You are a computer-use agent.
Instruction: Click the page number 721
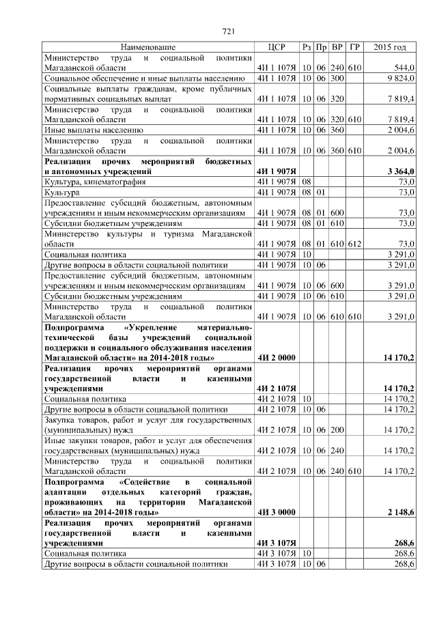pos(229,32)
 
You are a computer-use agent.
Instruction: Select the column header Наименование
pos(148,47)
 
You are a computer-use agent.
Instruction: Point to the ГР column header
pos(354,47)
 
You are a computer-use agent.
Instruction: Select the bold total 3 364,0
pos(400,171)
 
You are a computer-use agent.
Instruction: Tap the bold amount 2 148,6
pos(400,511)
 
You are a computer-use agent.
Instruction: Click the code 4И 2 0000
pos(276,357)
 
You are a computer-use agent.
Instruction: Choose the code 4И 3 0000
pos(276,511)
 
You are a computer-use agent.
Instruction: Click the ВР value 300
pos(337,79)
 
